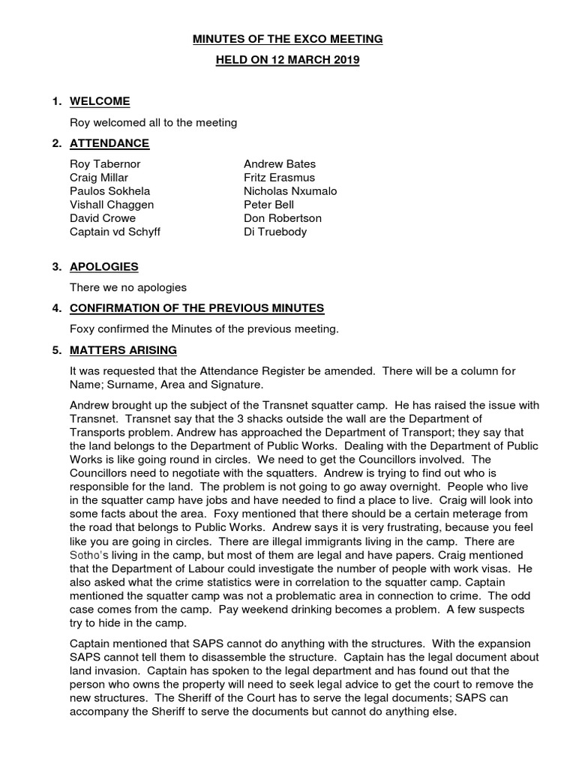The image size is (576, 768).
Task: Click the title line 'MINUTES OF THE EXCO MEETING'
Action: pyautogui.click(x=288, y=39)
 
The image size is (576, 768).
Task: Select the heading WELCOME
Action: pyautogui.click(x=100, y=101)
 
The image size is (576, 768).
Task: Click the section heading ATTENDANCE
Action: pyautogui.click(x=109, y=143)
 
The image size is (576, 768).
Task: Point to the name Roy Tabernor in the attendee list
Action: pyautogui.click(x=105, y=164)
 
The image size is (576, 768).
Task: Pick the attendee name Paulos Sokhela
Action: pyautogui.click(x=109, y=191)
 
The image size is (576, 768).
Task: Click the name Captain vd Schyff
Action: pyautogui.click(x=115, y=232)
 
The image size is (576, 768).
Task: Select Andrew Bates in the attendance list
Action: pyautogui.click(x=280, y=164)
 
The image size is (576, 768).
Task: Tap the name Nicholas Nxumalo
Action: pyautogui.click(x=290, y=191)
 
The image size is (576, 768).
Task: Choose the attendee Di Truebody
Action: pyautogui.click(x=274, y=232)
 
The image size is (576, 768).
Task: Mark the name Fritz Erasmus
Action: pyautogui.click(x=279, y=178)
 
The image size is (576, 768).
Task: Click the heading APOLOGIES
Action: pyautogui.click(x=103, y=267)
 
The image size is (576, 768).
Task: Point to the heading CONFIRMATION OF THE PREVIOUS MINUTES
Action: pyautogui.click(x=196, y=308)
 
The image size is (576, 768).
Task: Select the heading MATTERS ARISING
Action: pyautogui.click(x=123, y=349)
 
